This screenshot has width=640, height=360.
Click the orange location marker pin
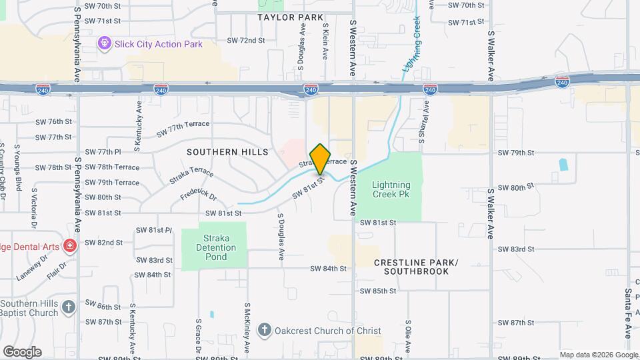pos(321,159)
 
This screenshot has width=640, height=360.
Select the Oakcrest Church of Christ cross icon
pos(265,330)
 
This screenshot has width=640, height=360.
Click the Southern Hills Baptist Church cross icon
pos(68,307)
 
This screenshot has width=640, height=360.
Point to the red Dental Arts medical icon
pos(69,247)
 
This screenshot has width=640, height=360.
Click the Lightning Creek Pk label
pos(391,190)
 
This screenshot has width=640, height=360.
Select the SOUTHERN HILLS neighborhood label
pos(222,152)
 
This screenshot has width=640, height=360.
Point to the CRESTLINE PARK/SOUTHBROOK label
pos(416,267)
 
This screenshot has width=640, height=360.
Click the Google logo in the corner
pos(22,351)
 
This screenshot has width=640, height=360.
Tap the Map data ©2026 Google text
pos(598,355)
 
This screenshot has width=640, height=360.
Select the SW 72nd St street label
pos(246,41)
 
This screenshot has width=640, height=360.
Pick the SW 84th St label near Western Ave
pos(328,269)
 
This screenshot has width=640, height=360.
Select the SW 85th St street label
pos(377,291)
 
